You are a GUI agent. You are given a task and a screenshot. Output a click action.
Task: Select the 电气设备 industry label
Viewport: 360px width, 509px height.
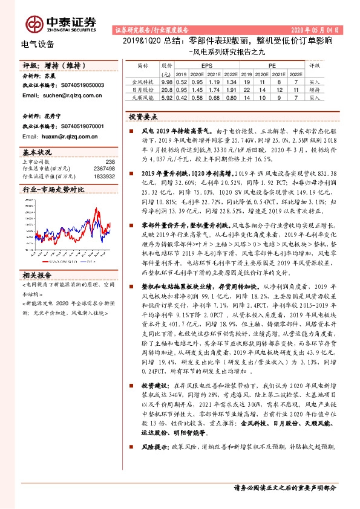coord(38,44)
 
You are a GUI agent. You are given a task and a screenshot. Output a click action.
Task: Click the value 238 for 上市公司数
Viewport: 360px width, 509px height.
coord(110,161)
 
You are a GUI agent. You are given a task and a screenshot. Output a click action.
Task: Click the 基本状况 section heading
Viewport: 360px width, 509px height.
coord(37,152)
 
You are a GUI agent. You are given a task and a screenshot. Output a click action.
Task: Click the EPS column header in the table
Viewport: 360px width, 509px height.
coord(206,63)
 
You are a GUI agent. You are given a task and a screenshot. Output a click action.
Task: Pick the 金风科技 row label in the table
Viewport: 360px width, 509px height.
coord(146,80)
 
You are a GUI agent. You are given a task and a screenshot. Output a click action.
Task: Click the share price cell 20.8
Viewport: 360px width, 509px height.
coord(167,88)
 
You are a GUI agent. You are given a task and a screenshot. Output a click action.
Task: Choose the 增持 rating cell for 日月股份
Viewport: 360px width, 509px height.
coord(314,88)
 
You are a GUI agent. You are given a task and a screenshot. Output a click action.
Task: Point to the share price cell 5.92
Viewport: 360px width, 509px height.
coord(167,96)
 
